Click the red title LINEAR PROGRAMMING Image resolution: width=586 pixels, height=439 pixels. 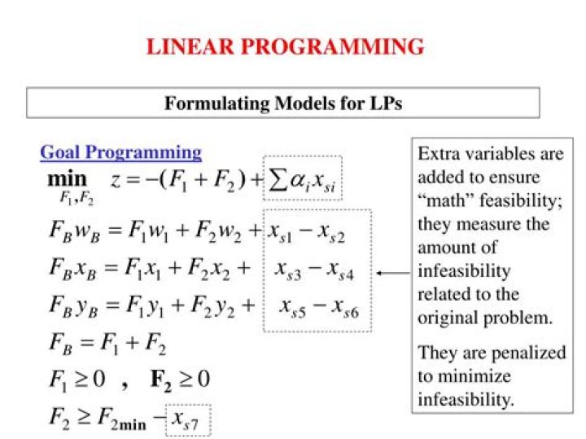pos(285,46)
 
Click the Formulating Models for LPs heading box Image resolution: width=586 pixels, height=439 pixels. pos(283,103)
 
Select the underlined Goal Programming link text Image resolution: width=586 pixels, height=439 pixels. pos(120,152)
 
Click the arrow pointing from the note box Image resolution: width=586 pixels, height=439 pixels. pos(394,274)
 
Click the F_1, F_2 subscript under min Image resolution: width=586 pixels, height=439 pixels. pos(75,198)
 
